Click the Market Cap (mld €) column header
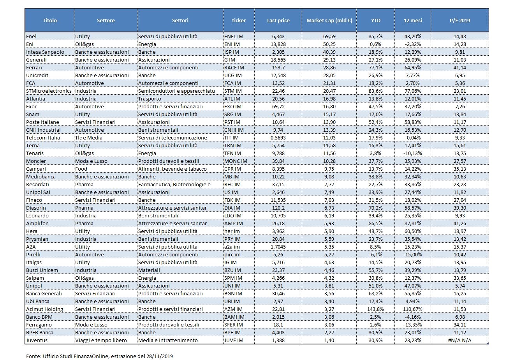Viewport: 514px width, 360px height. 329,20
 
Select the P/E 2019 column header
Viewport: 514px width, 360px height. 459,20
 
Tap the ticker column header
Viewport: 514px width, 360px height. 239,20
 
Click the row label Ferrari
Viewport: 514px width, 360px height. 34,67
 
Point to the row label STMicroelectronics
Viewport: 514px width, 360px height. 49,91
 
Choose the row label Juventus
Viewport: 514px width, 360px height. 37,340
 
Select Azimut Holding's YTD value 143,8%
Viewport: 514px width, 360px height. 375,309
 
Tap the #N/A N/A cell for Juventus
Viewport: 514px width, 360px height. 459,340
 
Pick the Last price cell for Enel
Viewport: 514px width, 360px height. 278,36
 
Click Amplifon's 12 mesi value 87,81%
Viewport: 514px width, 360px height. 413,223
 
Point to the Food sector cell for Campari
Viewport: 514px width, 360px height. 81,169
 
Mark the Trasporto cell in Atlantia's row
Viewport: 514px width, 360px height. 150,99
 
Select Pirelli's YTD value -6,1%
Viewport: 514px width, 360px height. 375,255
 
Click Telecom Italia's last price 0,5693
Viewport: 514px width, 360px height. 278,138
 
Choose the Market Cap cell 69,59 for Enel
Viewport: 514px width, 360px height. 329,36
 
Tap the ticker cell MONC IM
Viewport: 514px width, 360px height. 236,161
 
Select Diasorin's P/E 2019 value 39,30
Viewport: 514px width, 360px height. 459,208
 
